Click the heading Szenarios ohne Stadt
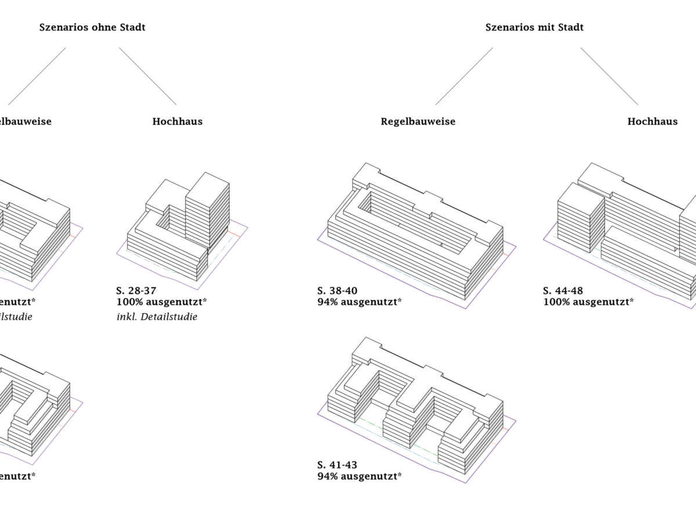[x=92, y=27]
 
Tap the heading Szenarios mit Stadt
[x=534, y=27]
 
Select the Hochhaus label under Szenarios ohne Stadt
[x=177, y=122]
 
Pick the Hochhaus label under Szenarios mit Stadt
[x=652, y=122]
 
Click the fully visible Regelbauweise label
[x=418, y=122]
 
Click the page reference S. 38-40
[x=338, y=291]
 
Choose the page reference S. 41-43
[x=338, y=465]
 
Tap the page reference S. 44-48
[x=563, y=291]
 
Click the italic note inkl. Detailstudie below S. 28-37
[x=157, y=317]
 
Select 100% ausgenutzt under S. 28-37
[x=162, y=302]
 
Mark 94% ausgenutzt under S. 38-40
[x=360, y=302]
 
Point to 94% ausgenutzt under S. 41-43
[x=360, y=476]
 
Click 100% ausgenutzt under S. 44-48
[x=589, y=302]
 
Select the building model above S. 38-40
[x=415, y=232]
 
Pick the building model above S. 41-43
[x=415, y=406]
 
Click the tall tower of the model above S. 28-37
[x=208, y=209]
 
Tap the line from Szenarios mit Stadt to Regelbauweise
[x=464, y=76]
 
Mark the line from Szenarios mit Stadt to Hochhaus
[x=609, y=76]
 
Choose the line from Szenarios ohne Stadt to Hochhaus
[x=147, y=76]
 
